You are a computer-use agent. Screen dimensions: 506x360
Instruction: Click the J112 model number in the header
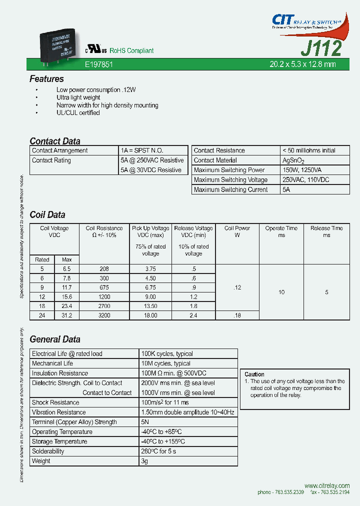click(x=321, y=48)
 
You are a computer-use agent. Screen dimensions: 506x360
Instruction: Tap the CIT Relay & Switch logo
click(x=306, y=21)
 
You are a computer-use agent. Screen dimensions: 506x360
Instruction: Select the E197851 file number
click(x=99, y=64)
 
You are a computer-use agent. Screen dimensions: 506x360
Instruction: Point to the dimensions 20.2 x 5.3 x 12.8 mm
click(x=302, y=64)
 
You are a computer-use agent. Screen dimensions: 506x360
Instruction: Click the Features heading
click(x=46, y=79)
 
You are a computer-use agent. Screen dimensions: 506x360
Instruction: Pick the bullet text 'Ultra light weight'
click(x=78, y=97)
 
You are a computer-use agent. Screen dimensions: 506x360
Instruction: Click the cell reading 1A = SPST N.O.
click(x=142, y=150)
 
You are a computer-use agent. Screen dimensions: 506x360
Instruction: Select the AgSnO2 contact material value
click(x=293, y=160)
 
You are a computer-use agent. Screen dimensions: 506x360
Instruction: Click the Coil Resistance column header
click(x=104, y=231)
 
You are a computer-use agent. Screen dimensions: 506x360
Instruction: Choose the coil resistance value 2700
click(x=104, y=305)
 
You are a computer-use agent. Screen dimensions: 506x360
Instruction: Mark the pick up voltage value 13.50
click(x=150, y=305)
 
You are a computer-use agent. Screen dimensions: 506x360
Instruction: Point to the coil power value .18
click(x=237, y=315)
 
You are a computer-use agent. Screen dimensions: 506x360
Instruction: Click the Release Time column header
click(x=326, y=231)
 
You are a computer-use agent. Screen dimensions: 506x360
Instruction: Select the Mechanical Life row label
click(x=52, y=363)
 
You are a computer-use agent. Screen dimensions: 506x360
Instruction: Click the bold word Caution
click(x=254, y=374)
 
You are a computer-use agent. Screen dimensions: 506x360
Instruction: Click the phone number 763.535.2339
click(x=287, y=492)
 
